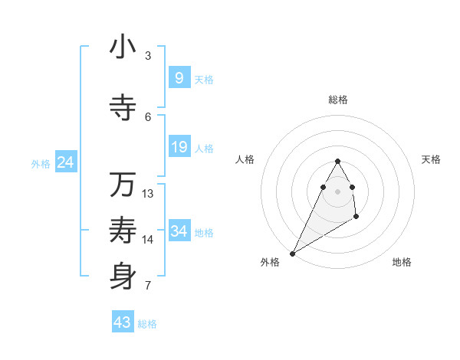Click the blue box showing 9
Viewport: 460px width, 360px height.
(179, 78)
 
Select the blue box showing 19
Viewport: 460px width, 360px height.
(179, 147)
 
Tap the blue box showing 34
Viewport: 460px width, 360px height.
(179, 231)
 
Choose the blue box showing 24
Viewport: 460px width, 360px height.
(65, 162)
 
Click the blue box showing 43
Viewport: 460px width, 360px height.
(123, 322)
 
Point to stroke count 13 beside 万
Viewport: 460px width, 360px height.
(148, 194)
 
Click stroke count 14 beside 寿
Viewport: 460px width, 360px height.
(148, 240)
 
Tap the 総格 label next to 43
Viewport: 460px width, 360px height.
(147, 324)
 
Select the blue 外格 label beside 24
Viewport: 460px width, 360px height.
(41, 163)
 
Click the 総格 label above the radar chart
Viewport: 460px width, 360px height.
(337, 100)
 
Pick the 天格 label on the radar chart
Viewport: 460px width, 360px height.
(431, 159)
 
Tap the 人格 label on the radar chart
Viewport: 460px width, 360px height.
(245, 159)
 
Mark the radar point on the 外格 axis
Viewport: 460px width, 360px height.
(292, 253)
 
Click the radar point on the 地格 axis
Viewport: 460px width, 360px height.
(356, 217)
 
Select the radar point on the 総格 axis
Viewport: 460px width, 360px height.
(337, 162)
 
